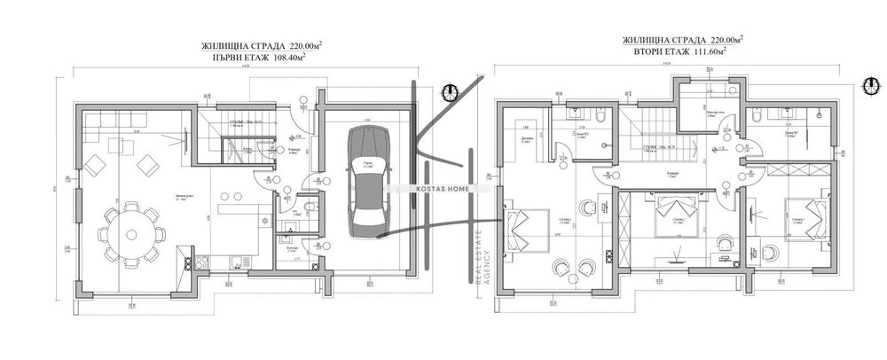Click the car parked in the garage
pyautogui.click(x=366, y=179)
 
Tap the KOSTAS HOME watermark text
pyautogui.click(x=442, y=188)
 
